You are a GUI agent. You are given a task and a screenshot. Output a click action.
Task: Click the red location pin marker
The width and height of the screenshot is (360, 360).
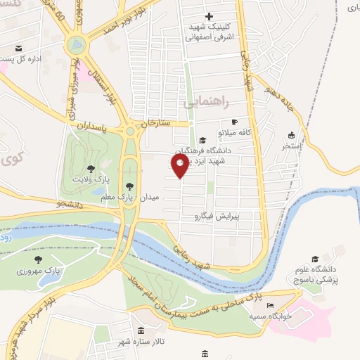coord(179,166)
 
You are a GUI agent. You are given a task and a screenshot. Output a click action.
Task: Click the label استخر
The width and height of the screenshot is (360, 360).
coord(292,146)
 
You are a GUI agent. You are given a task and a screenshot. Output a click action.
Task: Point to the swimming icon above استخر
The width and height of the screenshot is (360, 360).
coord(292,136)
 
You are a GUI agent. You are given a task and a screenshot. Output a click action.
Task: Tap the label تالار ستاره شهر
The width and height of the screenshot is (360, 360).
coord(141,341)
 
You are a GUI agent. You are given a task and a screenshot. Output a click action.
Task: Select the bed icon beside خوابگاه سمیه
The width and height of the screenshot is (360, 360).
coord(270,307)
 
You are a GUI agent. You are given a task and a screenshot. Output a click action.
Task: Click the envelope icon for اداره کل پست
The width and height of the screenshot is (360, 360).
coord(19,49)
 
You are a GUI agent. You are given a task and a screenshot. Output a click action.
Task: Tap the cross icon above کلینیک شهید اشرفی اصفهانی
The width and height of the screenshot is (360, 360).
coord(208,16)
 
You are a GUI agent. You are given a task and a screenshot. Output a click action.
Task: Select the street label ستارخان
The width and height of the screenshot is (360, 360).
coord(155,122)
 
